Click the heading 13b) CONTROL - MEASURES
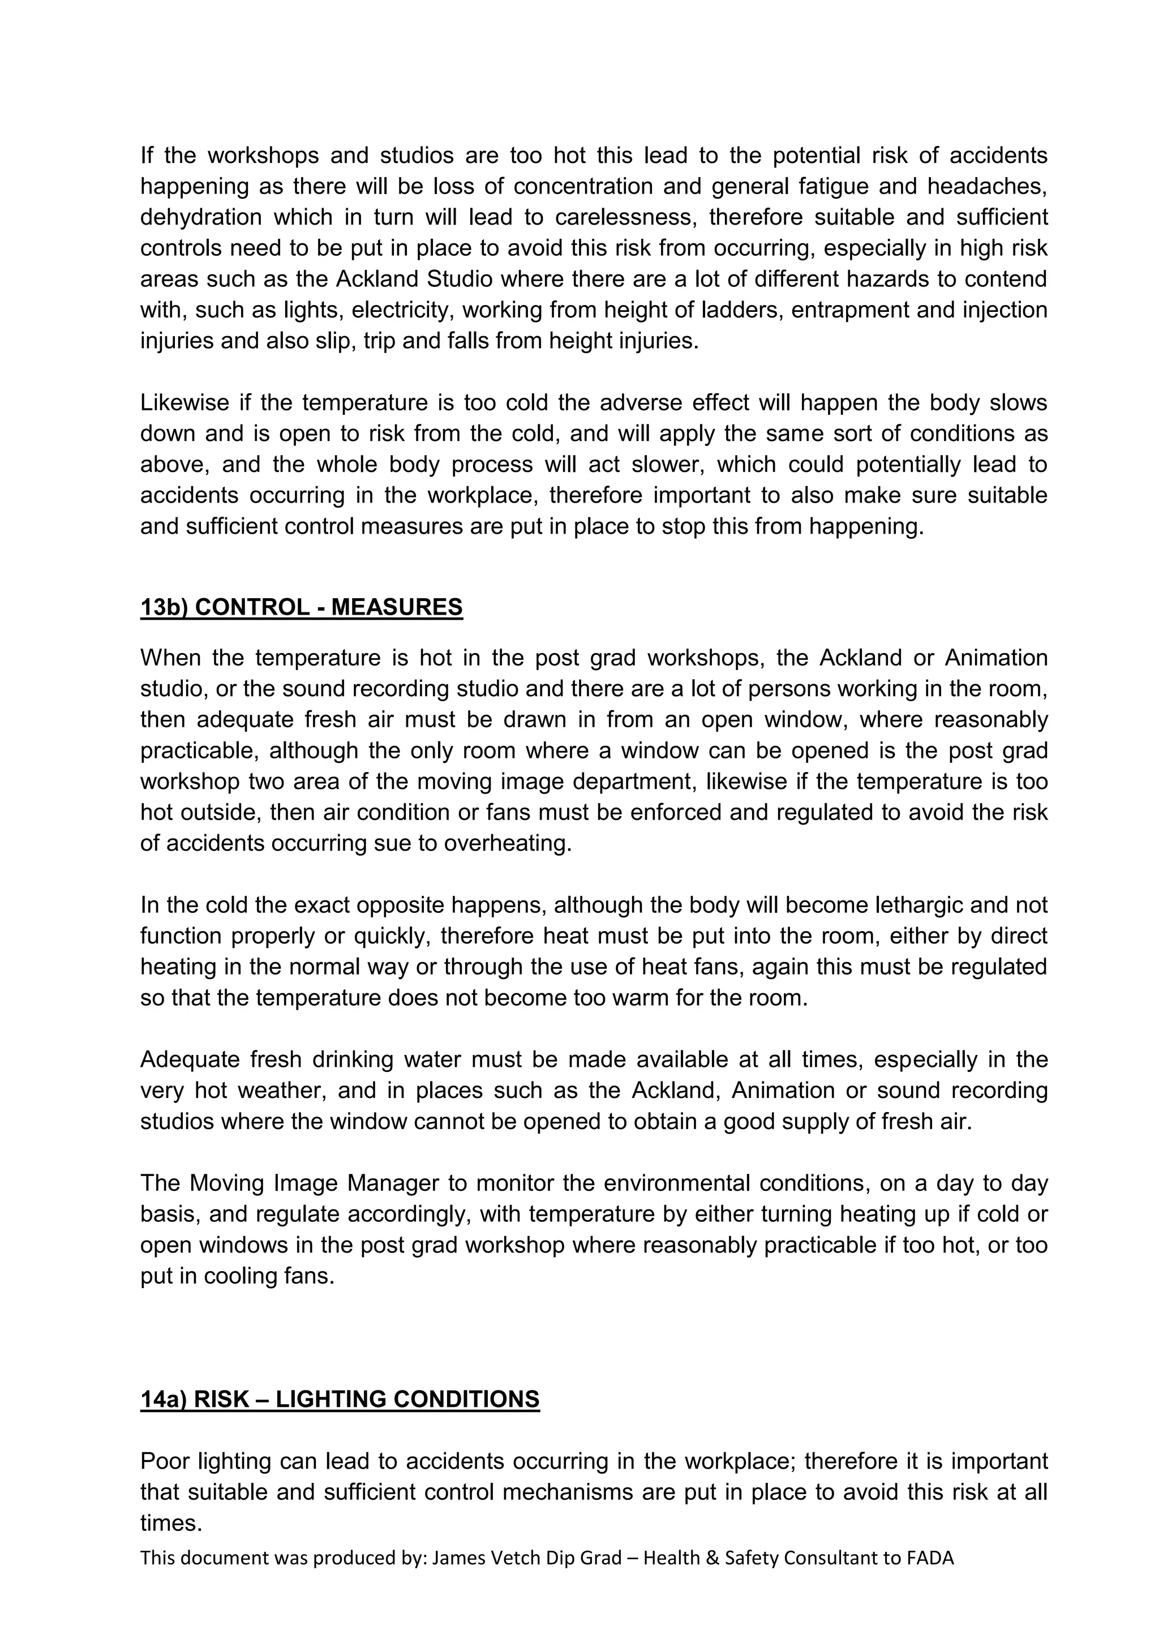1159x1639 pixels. click(301, 607)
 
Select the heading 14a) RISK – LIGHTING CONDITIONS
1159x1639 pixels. click(340, 1399)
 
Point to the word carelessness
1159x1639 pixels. click(621, 217)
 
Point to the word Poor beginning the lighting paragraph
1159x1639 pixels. click(165, 1461)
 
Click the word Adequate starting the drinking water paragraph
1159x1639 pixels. click(188, 1059)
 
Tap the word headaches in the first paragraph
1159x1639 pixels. click(986, 186)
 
